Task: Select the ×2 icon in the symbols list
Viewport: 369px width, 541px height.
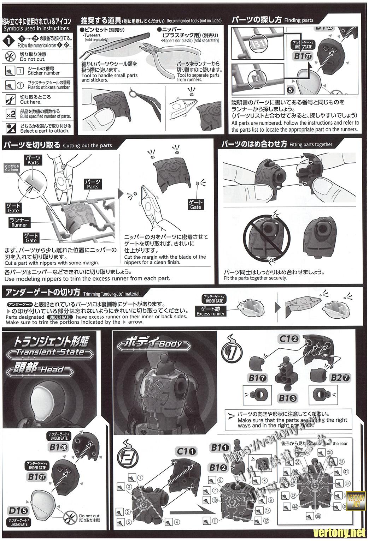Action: [x=11, y=114]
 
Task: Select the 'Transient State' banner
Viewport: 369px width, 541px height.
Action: [x=50, y=352]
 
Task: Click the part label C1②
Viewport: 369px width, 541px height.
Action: [x=289, y=339]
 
